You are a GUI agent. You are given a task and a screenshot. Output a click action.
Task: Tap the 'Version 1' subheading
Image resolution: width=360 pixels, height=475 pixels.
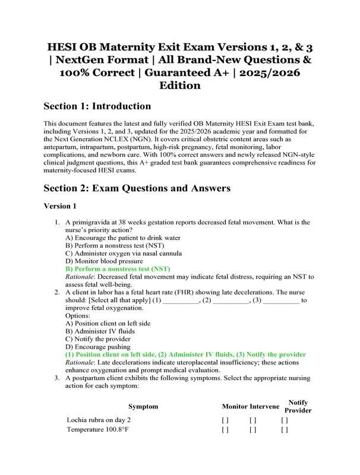(60, 207)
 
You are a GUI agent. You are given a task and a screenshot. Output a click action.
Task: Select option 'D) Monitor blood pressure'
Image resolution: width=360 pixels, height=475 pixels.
(104, 261)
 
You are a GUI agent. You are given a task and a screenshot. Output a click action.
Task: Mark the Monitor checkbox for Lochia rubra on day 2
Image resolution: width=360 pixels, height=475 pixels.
(225, 420)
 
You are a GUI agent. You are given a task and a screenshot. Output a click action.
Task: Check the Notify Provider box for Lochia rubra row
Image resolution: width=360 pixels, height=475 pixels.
(285, 420)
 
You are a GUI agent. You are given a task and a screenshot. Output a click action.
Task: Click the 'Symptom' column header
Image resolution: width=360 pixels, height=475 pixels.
(143, 406)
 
